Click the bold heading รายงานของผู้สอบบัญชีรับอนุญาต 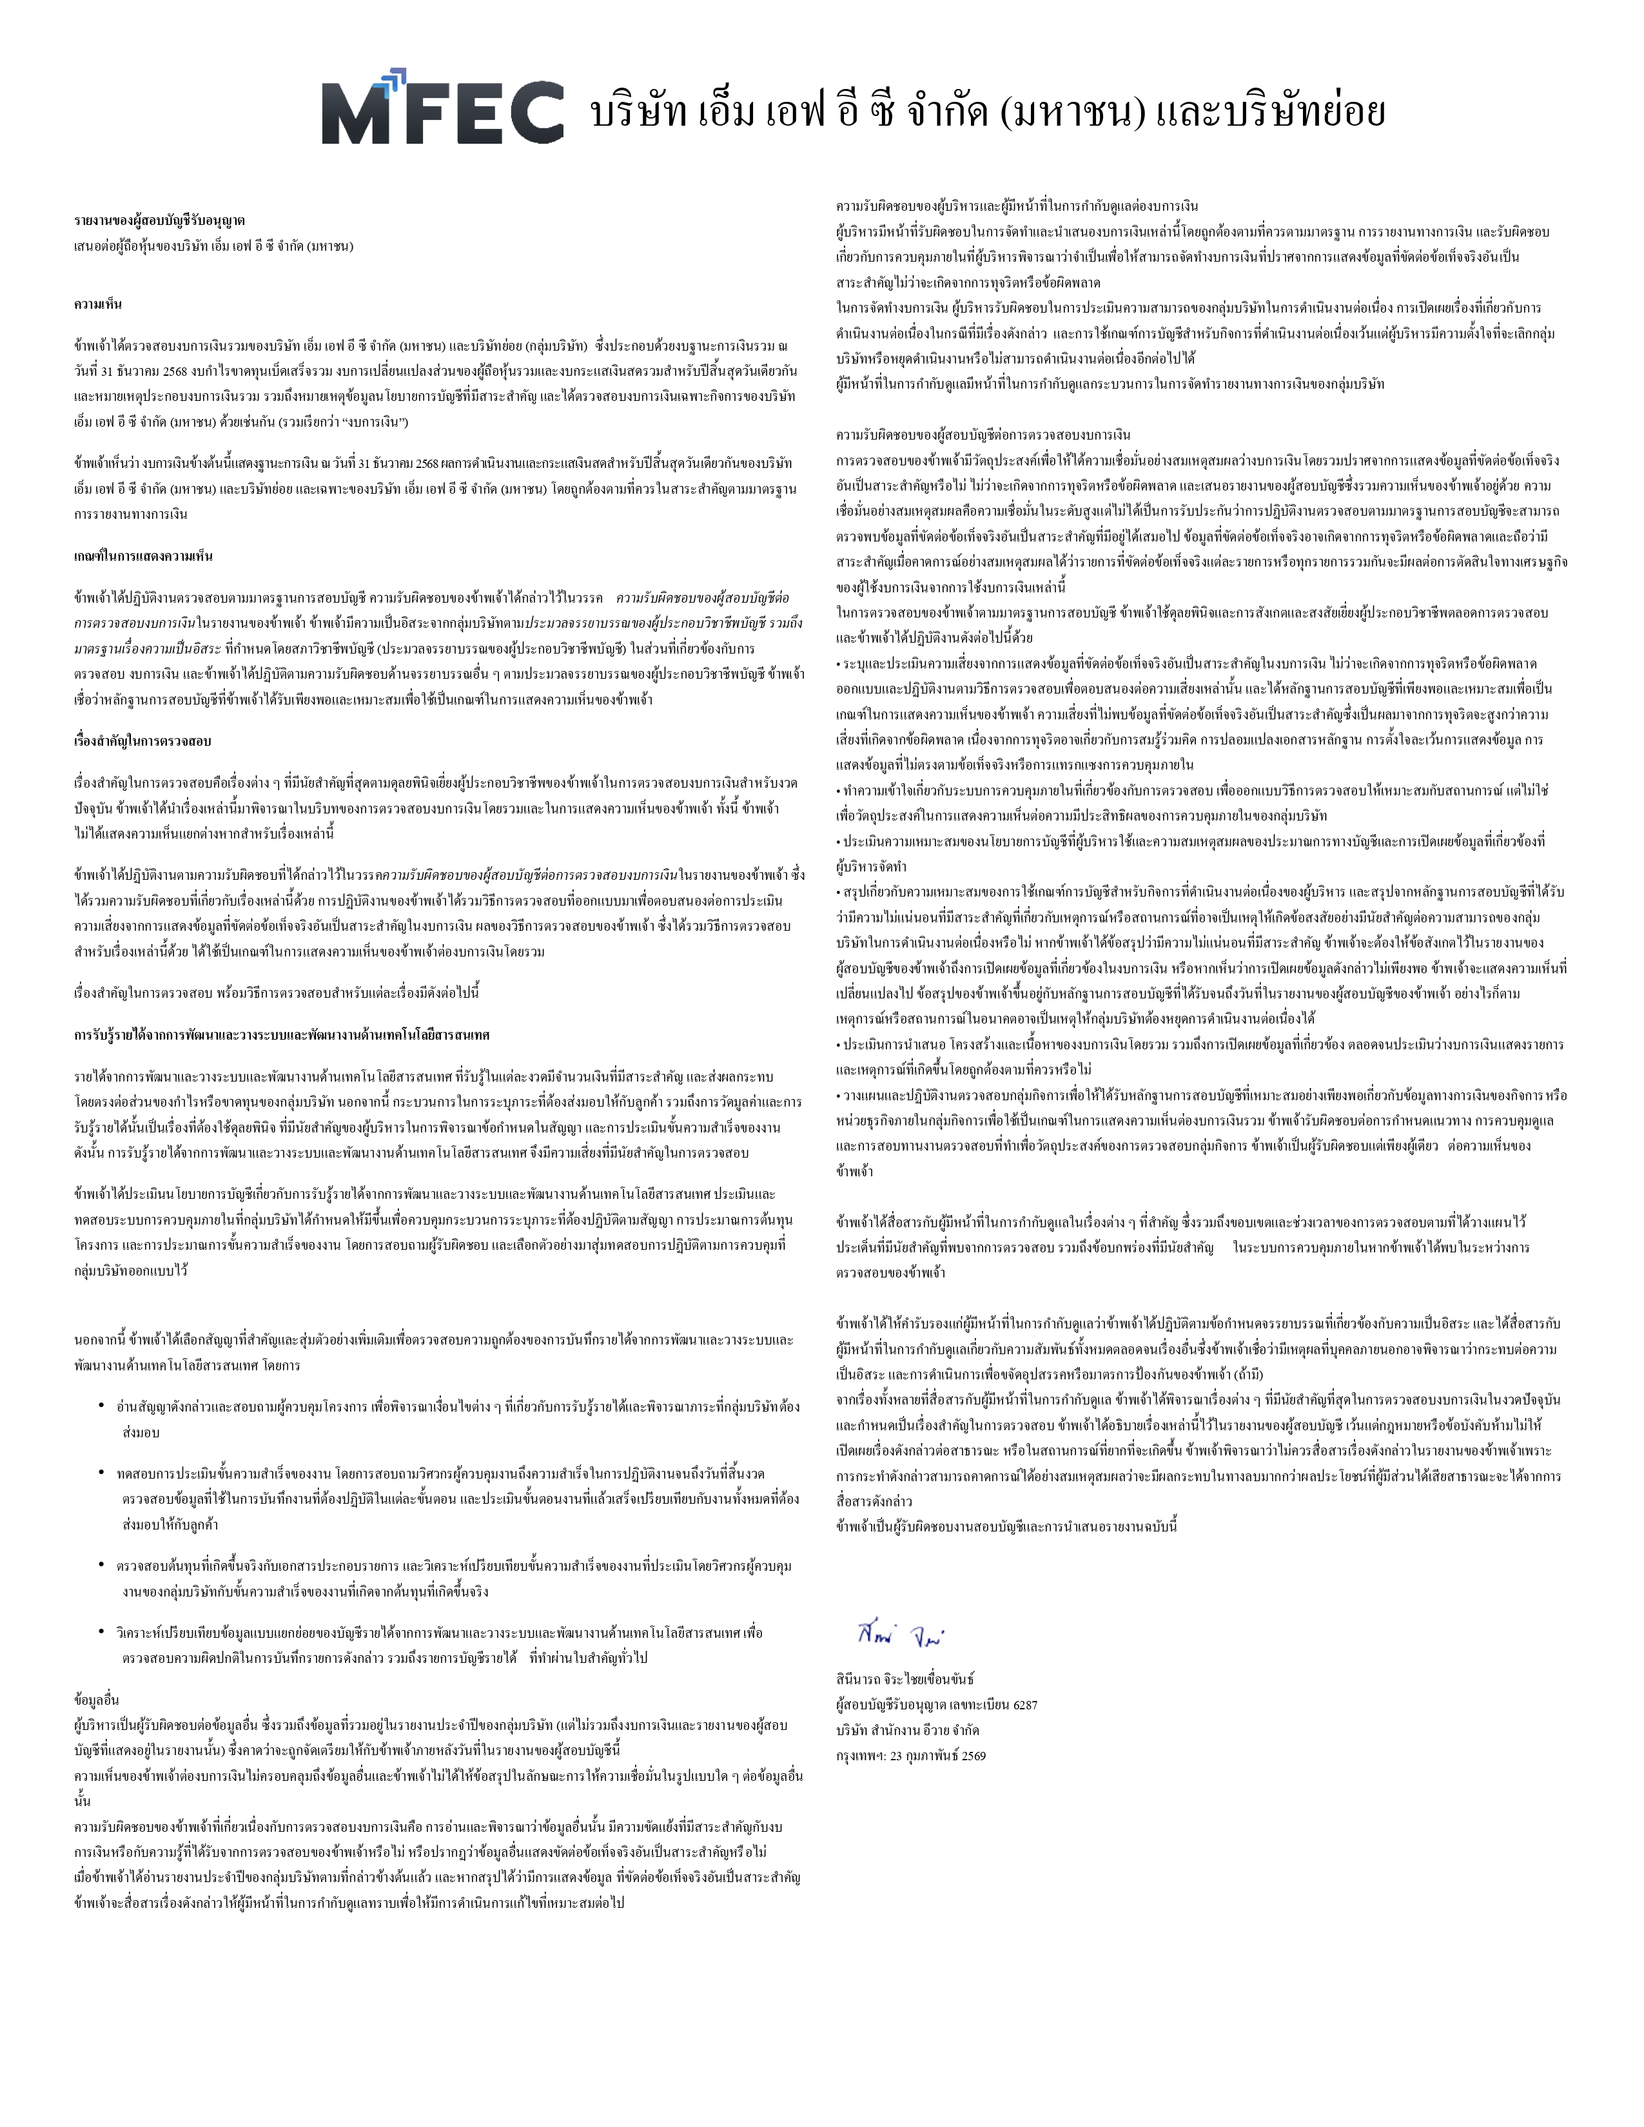[x=159, y=220]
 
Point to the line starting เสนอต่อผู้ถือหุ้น [x=213, y=246]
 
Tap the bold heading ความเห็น [x=97, y=304]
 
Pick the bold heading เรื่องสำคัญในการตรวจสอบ [x=142, y=740]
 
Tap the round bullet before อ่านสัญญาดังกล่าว [x=101, y=1405]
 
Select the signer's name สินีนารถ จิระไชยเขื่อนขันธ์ [x=905, y=1679]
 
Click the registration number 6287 [x=1024, y=1704]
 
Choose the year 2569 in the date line [x=972, y=1755]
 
